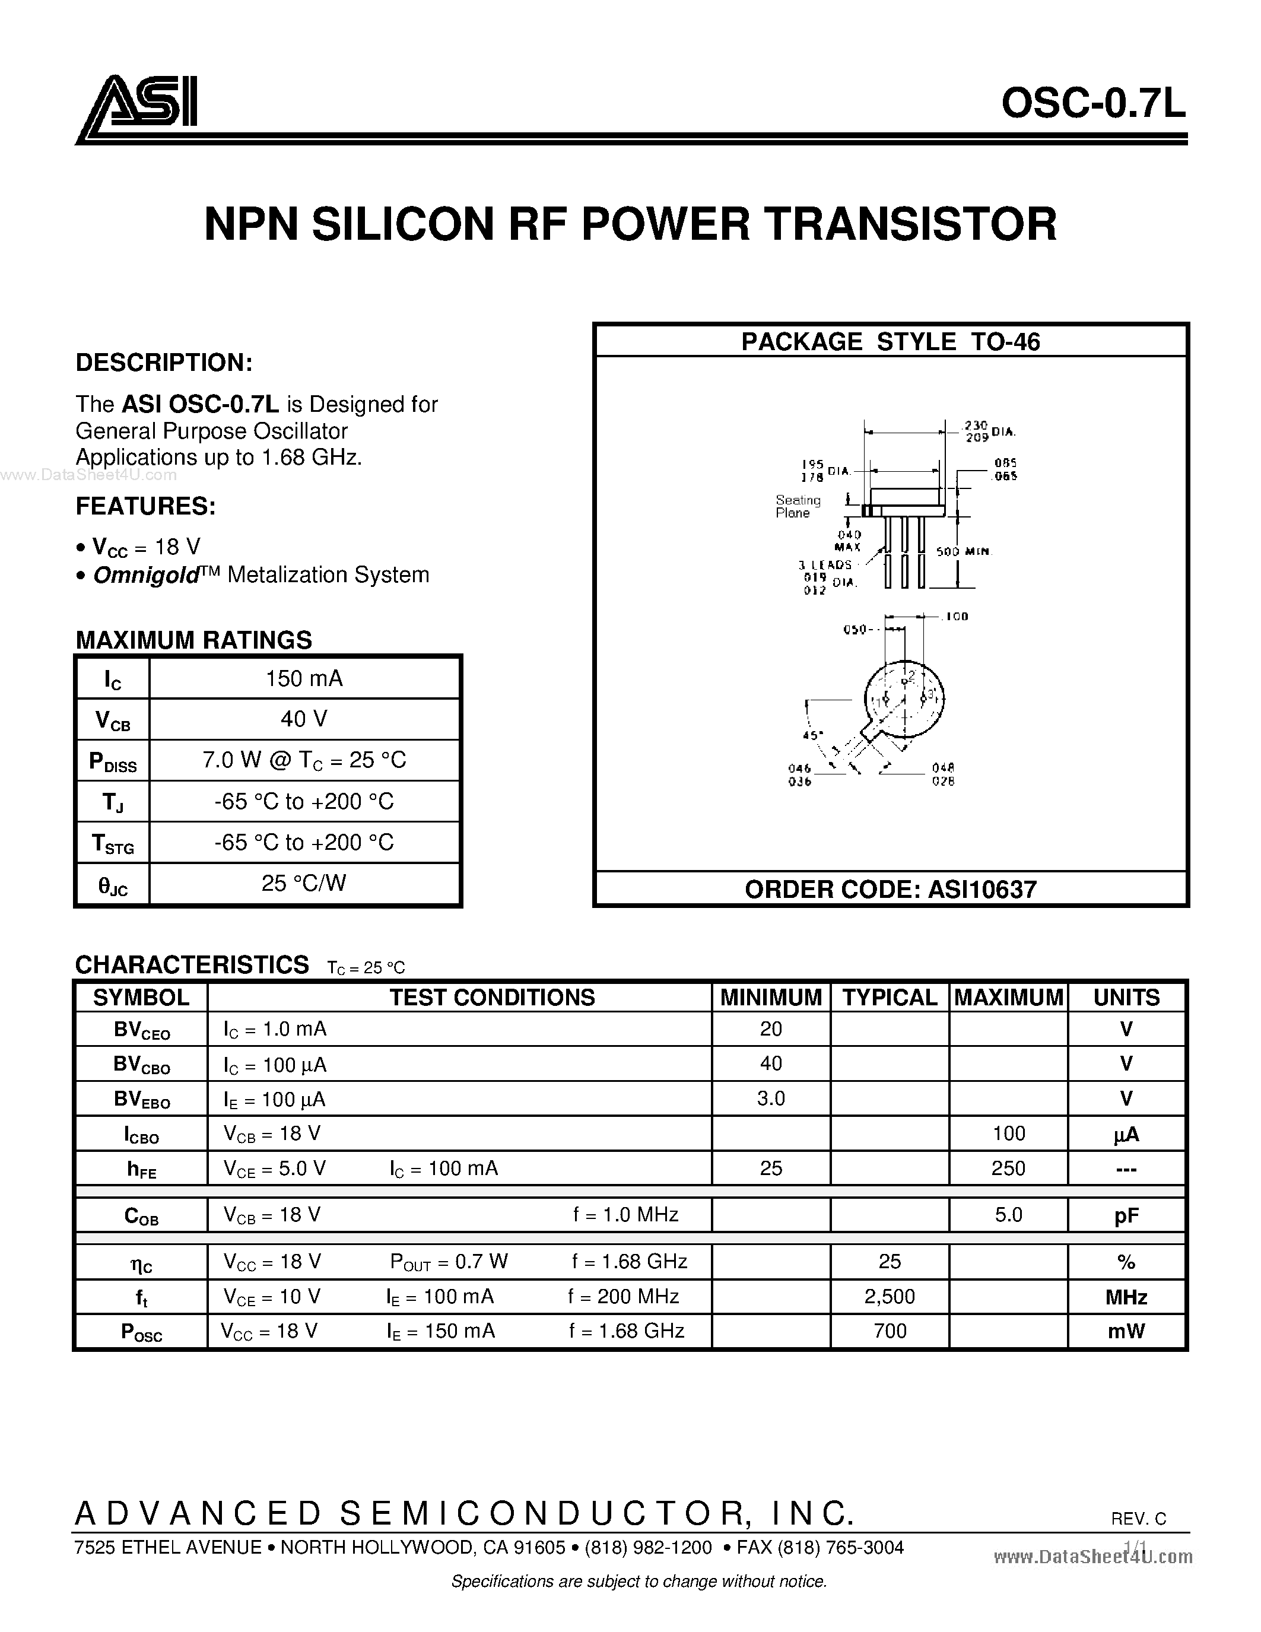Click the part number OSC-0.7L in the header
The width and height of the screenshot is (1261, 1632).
(1093, 104)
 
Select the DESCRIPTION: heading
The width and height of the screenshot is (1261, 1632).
(164, 363)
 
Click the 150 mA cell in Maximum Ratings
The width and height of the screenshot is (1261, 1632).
(304, 678)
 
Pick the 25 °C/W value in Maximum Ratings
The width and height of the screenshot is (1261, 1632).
(304, 883)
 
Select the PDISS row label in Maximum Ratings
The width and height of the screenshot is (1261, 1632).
(113, 761)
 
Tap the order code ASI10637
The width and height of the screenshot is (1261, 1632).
(982, 889)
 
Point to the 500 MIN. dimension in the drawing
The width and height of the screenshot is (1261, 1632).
(964, 551)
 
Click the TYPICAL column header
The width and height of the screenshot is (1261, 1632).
(890, 997)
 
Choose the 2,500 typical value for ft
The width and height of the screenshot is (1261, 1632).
(890, 1297)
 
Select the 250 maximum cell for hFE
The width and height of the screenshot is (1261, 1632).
(1008, 1168)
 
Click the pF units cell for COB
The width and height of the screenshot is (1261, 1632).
(1126, 1216)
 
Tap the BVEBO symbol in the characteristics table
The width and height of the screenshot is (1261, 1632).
(141, 1099)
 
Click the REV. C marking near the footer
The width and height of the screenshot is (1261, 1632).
(1139, 1519)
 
